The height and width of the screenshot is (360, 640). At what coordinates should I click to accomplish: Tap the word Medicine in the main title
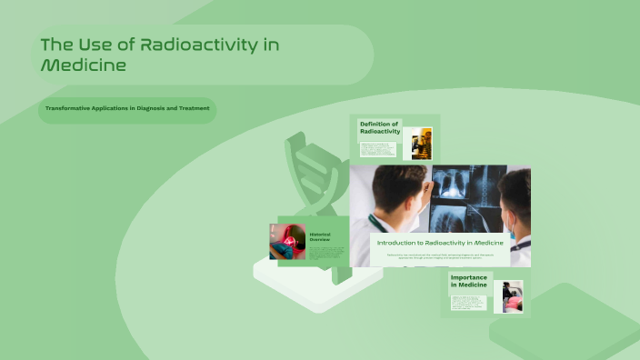(x=83, y=65)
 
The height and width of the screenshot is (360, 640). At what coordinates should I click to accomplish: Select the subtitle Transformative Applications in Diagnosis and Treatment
(x=128, y=109)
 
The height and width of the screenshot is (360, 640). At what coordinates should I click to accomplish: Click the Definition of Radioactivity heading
(x=379, y=127)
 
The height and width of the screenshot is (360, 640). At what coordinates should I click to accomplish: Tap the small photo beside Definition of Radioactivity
(x=421, y=144)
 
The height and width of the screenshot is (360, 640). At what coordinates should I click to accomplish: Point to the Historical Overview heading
(x=321, y=237)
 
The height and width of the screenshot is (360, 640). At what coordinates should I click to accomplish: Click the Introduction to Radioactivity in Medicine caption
(x=440, y=243)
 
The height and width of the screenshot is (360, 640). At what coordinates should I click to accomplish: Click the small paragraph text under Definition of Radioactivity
(x=378, y=150)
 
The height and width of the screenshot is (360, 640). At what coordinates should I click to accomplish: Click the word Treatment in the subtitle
(x=194, y=109)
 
